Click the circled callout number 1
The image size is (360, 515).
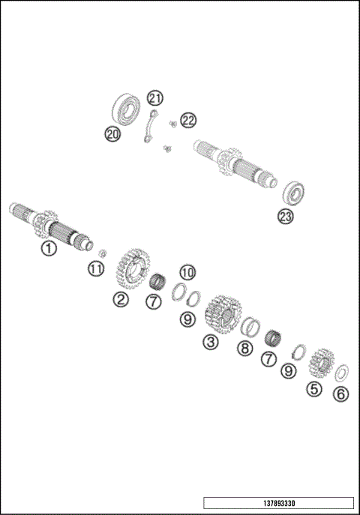point(49,247)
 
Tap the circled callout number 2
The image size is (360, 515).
point(121,299)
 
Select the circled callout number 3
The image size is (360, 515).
point(211,342)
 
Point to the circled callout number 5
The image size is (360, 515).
point(314,388)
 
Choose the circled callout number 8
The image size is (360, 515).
point(244,348)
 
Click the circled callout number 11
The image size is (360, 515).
point(95,268)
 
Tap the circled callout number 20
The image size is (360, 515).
point(112,134)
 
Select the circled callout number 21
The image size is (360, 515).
point(154,98)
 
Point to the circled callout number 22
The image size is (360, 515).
point(187,120)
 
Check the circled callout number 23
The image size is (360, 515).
point(286,217)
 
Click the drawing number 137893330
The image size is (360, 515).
point(278,503)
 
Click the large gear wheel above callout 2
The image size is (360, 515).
point(133,269)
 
